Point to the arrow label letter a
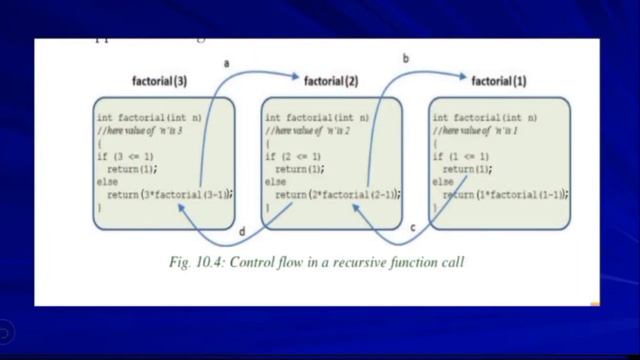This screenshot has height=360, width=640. pyautogui.click(x=226, y=64)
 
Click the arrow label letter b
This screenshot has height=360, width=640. pyautogui.click(x=405, y=59)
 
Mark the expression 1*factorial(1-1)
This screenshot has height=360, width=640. pyautogui.click(x=521, y=194)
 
